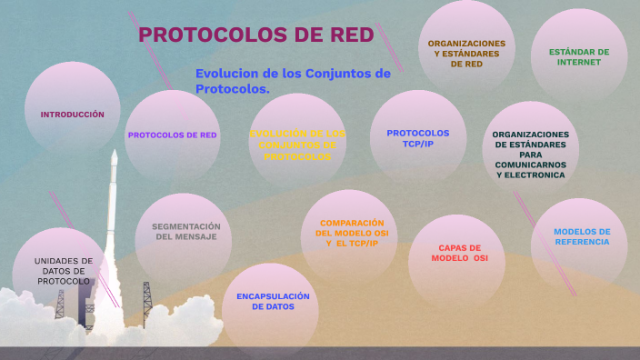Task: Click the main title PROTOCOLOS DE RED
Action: pyautogui.click(x=255, y=35)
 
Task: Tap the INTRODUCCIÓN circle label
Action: pyautogui.click(x=72, y=115)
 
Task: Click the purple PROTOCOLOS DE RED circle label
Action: pyautogui.click(x=172, y=135)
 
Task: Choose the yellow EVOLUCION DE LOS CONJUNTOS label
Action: pyautogui.click(x=297, y=145)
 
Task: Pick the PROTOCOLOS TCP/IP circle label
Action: pyautogui.click(x=417, y=137)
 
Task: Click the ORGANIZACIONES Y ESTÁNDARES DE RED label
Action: pyautogui.click(x=466, y=54)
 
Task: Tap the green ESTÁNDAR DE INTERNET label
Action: pyautogui.click(x=579, y=57)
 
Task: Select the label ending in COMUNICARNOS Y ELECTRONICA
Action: pyautogui.click(x=531, y=154)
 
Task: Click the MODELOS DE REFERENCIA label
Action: pyautogui.click(x=582, y=236)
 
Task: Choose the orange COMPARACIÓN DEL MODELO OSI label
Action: pyautogui.click(x=351, y=233)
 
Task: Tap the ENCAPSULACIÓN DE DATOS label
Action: pyautogui.click(x=273, y=302)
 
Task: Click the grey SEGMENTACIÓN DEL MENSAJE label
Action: pyautogui.click(x=185, y=231)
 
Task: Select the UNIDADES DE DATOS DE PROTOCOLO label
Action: pyautogui.click(x=64, y=271)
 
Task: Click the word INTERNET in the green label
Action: pyautogui.click(x=579, y=63)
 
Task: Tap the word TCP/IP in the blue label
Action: pyautogui.click(x=417, y=143)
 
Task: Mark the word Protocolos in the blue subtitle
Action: pyautogui.click(x=232, y=89)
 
